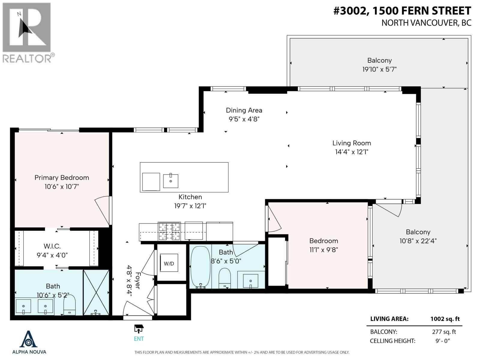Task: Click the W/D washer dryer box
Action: pos(169,263)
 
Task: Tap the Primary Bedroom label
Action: pos(62,178)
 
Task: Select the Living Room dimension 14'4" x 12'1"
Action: pos(351,152)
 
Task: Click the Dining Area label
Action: pos(244,110)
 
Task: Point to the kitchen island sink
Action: pos(171,181)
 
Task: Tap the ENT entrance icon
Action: pos(139,329)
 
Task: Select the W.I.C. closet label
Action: pos(52,246)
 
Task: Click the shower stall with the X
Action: pos(96,292)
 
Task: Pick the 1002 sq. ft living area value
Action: pos(445,319)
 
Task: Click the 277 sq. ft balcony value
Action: pos(444,332)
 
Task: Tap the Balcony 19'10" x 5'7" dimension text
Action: pos(379,69)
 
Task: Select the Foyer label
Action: pos(138,280)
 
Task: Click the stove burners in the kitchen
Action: pos(169,231)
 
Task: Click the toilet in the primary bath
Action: pos(70,304)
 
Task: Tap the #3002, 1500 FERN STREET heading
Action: pos(402,11)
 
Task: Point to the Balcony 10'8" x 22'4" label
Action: pos(418,232)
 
